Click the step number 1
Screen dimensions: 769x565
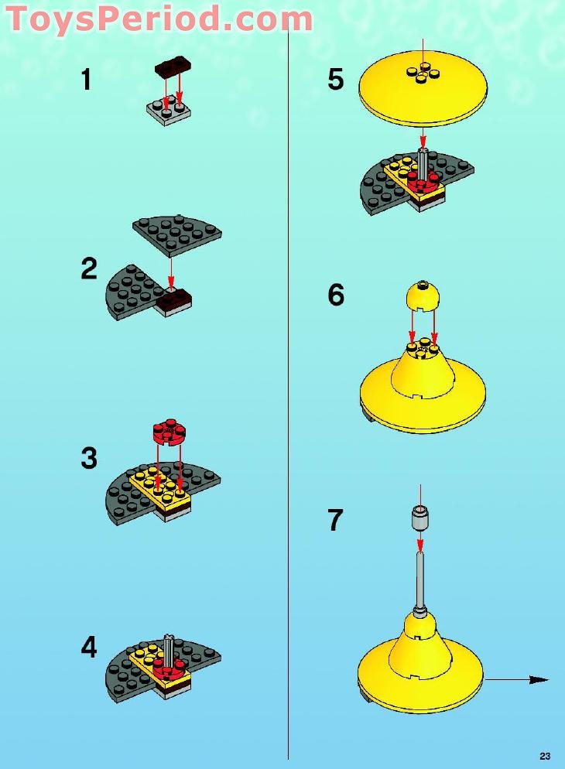point(87,80)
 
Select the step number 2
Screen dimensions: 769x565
point(89,269)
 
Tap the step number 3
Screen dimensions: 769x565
point(89,458)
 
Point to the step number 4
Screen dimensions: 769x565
point(89,647)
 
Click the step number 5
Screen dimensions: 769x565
point(335,80)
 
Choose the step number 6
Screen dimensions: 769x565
point(335,295)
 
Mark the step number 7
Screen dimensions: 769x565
point(335,520)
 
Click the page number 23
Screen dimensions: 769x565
point(545,756)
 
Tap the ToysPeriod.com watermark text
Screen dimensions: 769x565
point(159,19)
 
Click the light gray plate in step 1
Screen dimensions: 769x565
point(169,111)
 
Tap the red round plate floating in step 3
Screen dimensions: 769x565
point(169,432)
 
